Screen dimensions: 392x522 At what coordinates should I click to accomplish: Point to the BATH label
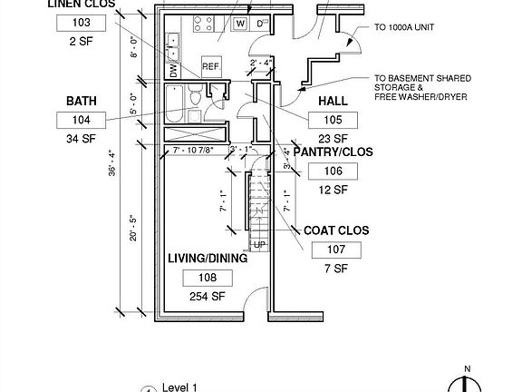coord(80,100)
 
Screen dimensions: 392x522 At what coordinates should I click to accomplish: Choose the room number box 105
coord(334,120)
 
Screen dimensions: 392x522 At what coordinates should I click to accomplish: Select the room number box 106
coord(334,171)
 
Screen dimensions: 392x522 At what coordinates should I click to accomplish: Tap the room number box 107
coord(334,250)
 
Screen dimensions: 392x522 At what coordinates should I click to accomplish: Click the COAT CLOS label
coord(334,230)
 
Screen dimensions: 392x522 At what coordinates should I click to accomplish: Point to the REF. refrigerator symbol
coord(211,66)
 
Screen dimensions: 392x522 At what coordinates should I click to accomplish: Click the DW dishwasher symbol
coord(173,70)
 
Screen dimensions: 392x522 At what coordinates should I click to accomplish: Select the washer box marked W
coord(241,23)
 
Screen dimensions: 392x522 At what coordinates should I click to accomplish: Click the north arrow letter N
coord(466,367)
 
